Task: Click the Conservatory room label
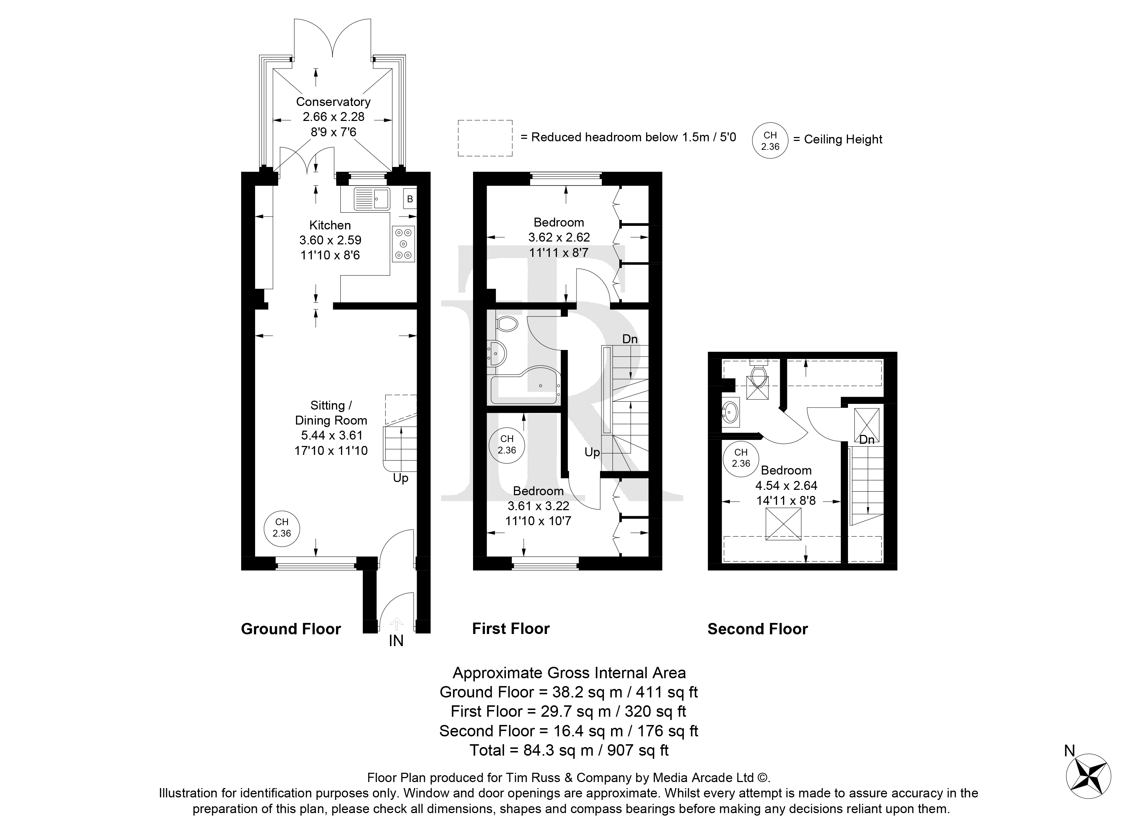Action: (x=333, y=102)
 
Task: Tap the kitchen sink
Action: (x=372, y=199)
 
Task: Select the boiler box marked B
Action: (x=410, y=199)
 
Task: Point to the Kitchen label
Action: (x=330, y=225)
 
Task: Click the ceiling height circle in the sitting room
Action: (x=282, y=528)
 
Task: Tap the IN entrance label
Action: (x=396, y=641)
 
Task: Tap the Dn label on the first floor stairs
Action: (x=630, y=339)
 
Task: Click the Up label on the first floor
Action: (x=592, y=453)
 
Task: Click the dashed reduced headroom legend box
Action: (x=485, y=138)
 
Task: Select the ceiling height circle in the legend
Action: (x=770, y=141)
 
